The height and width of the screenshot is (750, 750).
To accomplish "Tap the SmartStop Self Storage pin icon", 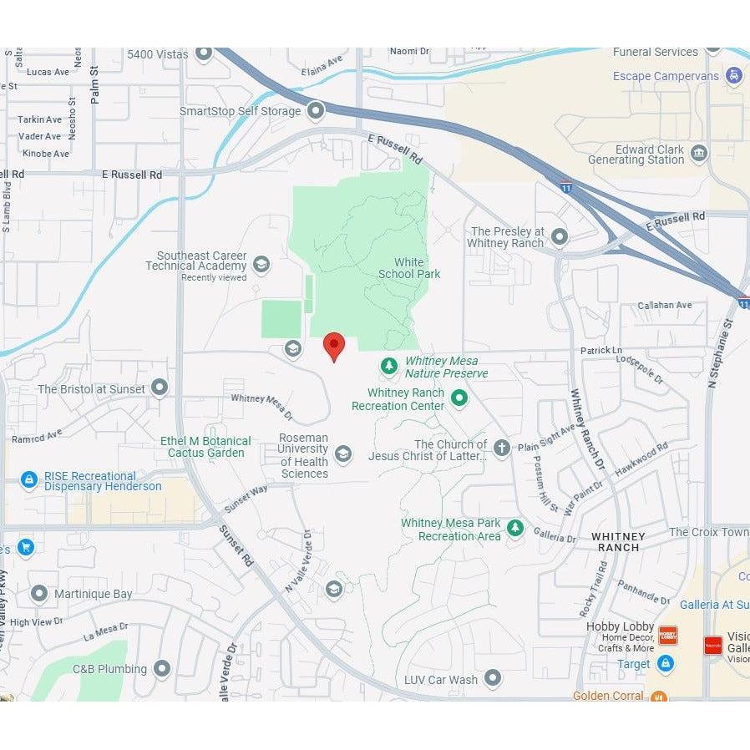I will coord(316,110).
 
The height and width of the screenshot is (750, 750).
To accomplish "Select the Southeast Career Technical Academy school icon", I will coord(261,265).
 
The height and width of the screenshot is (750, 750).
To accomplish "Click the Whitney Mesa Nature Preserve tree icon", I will coord(388,366).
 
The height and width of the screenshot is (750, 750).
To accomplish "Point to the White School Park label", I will coord(409,268).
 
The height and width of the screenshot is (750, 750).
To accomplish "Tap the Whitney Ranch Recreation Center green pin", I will coord(459,398).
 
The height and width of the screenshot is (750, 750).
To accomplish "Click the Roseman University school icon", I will coord(342,454).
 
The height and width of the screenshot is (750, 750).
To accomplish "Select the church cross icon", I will coord(501,448).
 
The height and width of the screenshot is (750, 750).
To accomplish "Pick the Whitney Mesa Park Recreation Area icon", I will coord(515,528).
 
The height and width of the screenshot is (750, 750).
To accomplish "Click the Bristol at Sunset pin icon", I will coord(160,388).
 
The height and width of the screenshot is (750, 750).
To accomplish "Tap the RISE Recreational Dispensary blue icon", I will coord(29,480).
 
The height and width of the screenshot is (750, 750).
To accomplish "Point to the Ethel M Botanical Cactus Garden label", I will coord(205,447).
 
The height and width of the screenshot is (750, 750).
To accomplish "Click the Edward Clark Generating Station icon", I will coord(699,153).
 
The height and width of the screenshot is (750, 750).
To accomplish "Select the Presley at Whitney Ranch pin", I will coord(560,236).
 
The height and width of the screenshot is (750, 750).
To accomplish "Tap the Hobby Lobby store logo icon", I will coord(668,635).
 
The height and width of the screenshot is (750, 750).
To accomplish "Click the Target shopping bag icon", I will coord(665,663).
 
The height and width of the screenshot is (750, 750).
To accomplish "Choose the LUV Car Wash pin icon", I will coord(493,677).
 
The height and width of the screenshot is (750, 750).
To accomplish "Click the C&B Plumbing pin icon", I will coord(162,668).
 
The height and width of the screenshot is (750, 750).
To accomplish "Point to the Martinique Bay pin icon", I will coord(38,594).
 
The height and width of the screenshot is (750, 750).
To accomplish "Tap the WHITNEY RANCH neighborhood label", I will coord(618,542).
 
